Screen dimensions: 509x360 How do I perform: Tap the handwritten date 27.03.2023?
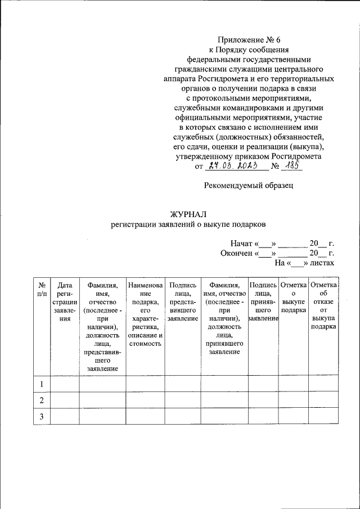click(x=231, y=166)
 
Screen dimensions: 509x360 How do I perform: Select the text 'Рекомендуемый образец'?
click(x=248, y=184)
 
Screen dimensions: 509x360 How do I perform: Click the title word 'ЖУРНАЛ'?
click(x=189, y=214)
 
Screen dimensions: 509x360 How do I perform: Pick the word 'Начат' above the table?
click(x=241, y=244)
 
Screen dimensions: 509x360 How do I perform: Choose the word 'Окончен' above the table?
click(x=237, y=253)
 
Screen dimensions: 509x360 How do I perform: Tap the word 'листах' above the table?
click(x=322, y=263)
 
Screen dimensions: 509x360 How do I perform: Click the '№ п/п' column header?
click(x=42, y=289)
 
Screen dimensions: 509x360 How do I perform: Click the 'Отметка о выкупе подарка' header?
click(x=293, y=298)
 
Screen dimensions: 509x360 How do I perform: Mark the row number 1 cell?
click(x=42, y=384)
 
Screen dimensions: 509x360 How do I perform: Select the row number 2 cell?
click(x=42, y=400)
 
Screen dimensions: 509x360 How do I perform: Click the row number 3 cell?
click(x=42, y=416)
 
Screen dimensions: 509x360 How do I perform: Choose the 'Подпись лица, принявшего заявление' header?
click(x=263, y=301)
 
